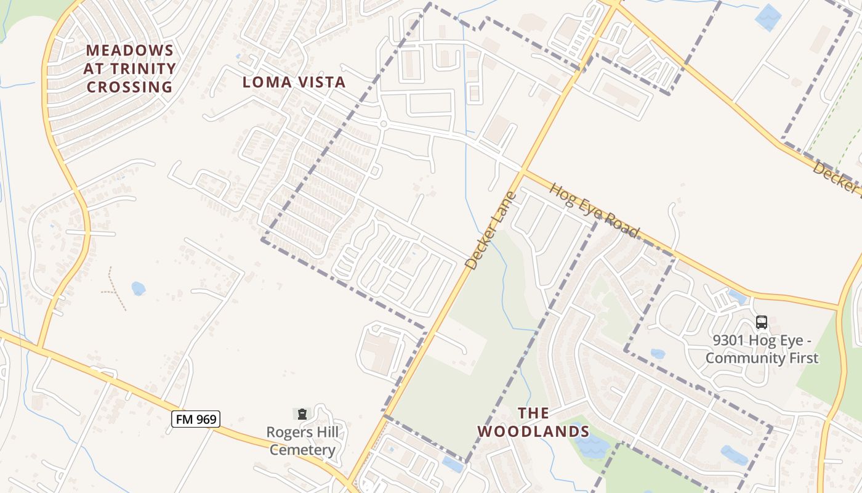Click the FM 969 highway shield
[195, 419]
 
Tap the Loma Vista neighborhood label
[294, 82]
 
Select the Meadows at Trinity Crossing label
[130, 68]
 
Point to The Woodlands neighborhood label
[533, 422]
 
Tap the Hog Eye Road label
[594, 210]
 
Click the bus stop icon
[762, 322]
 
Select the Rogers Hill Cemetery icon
[302, 414]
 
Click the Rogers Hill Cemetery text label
[302, 441]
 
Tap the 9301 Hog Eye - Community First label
[762, 349]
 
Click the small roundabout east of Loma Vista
[383, 124]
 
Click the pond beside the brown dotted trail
[138, 288]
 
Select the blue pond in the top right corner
[768, 17]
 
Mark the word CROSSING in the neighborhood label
[130, 87]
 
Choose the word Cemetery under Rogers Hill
[302, 450]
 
